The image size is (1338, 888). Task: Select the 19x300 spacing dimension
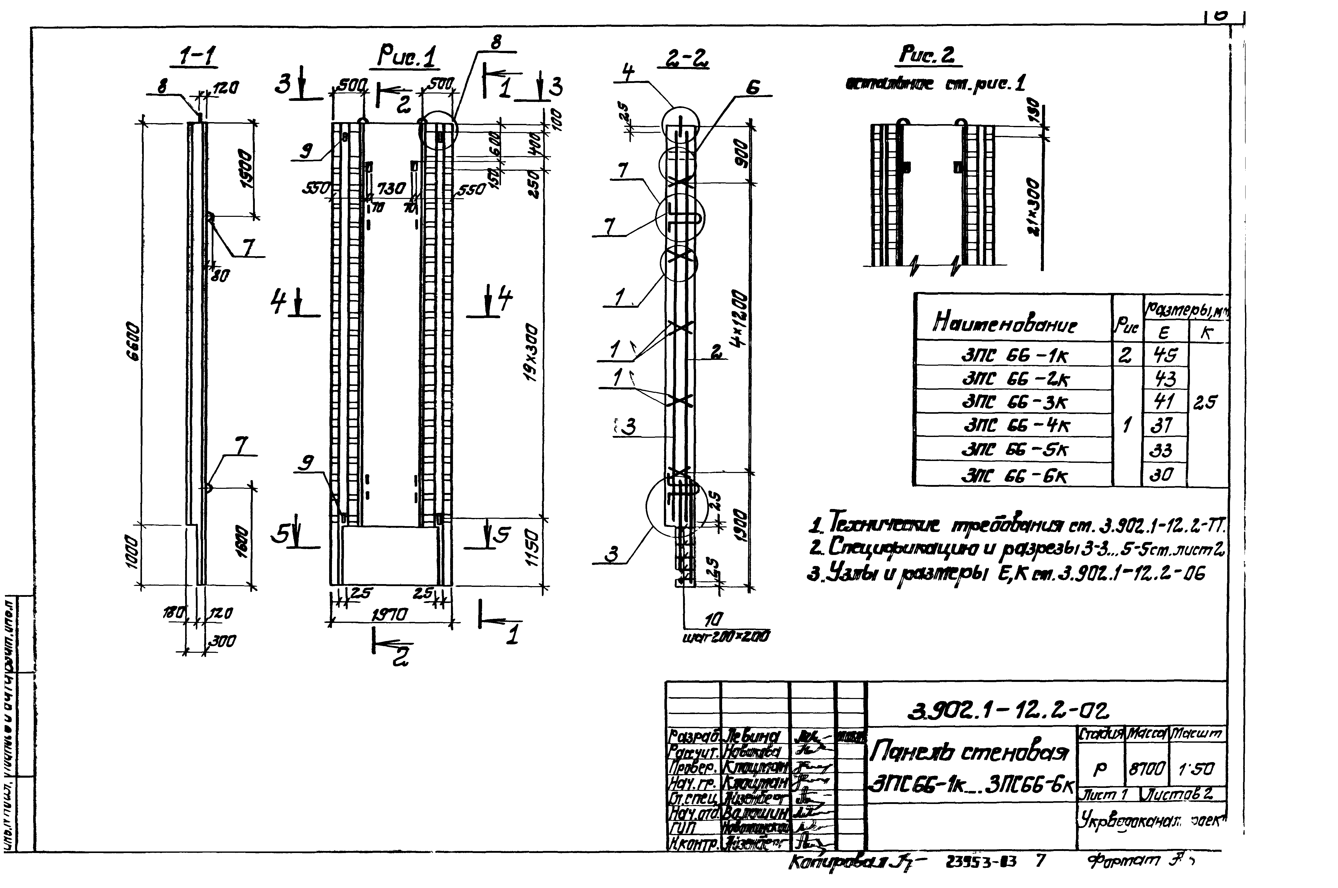click(531, 351)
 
